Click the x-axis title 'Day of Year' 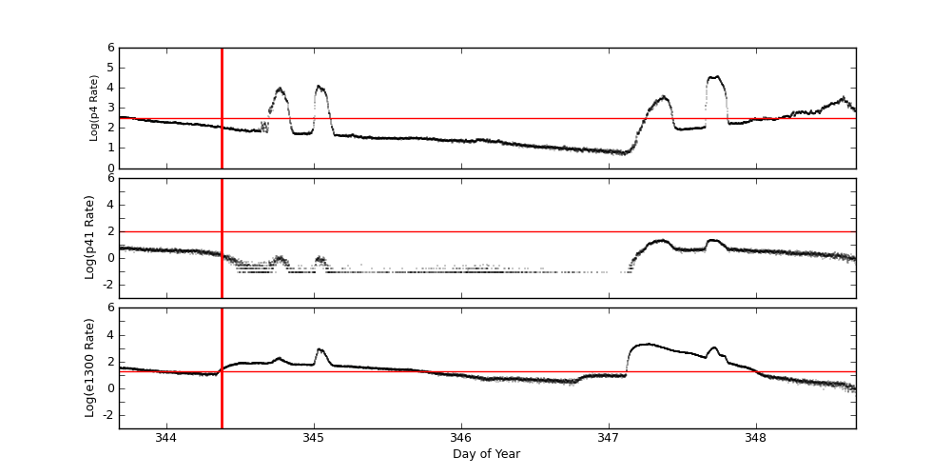(486, 454)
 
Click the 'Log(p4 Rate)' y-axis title (93, 108)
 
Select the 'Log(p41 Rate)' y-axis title (89, 237)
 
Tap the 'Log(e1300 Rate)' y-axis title (89, 367)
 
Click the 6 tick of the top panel (110, 48)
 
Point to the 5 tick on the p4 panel (110, 68)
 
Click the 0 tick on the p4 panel (110, 169)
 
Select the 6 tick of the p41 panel (110, 178)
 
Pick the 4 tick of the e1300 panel (110, 335)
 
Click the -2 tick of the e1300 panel (107, 415)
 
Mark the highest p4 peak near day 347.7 (714, 77)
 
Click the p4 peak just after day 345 (319, 87)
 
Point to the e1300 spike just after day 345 (320, 349)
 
